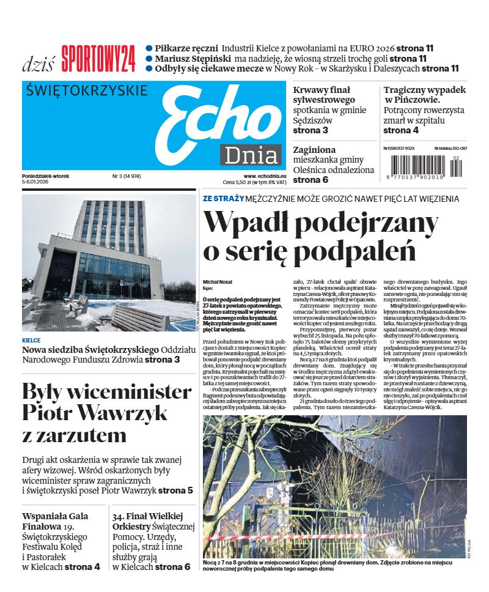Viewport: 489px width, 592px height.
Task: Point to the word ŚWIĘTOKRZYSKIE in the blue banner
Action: point(88,91)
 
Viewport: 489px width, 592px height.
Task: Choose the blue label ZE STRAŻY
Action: point(224,199)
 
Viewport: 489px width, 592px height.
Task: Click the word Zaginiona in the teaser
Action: point(314,149)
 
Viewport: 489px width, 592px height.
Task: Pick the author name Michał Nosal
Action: point(218,282)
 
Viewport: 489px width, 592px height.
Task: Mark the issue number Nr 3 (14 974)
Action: point(127,176)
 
